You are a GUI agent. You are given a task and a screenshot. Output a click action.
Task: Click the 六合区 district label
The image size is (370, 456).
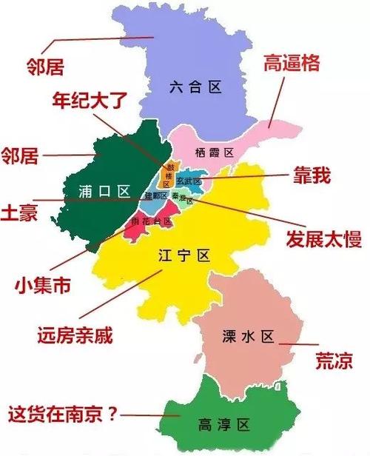(195, 87)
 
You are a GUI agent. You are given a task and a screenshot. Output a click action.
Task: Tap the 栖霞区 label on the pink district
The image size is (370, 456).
(215, 152)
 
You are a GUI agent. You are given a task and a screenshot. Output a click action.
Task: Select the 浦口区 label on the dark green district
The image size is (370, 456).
(103, 191)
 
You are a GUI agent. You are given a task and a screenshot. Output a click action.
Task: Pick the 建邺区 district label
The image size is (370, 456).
(155, 195)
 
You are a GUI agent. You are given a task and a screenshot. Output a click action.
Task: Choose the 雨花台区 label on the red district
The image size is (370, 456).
(151, 221)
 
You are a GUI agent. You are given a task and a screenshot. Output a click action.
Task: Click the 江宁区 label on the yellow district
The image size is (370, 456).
(185, 255)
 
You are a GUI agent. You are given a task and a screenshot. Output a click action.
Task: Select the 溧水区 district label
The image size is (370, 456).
(248, 338)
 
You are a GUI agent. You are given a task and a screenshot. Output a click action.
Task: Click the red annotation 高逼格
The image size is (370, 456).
(292, 64)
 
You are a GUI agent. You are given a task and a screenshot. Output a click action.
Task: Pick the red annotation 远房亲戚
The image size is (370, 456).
(74, 335)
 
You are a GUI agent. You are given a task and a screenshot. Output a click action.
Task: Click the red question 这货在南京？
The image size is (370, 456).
(62, 412)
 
